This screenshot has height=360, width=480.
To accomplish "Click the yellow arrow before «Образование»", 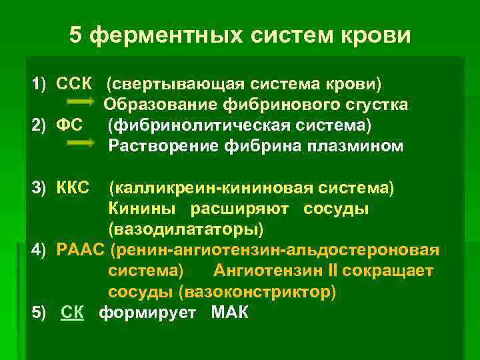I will (x=87, y=105).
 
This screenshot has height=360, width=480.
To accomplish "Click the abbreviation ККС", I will (x=73, y=189).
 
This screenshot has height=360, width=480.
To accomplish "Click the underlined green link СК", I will (x=72, y=313).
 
